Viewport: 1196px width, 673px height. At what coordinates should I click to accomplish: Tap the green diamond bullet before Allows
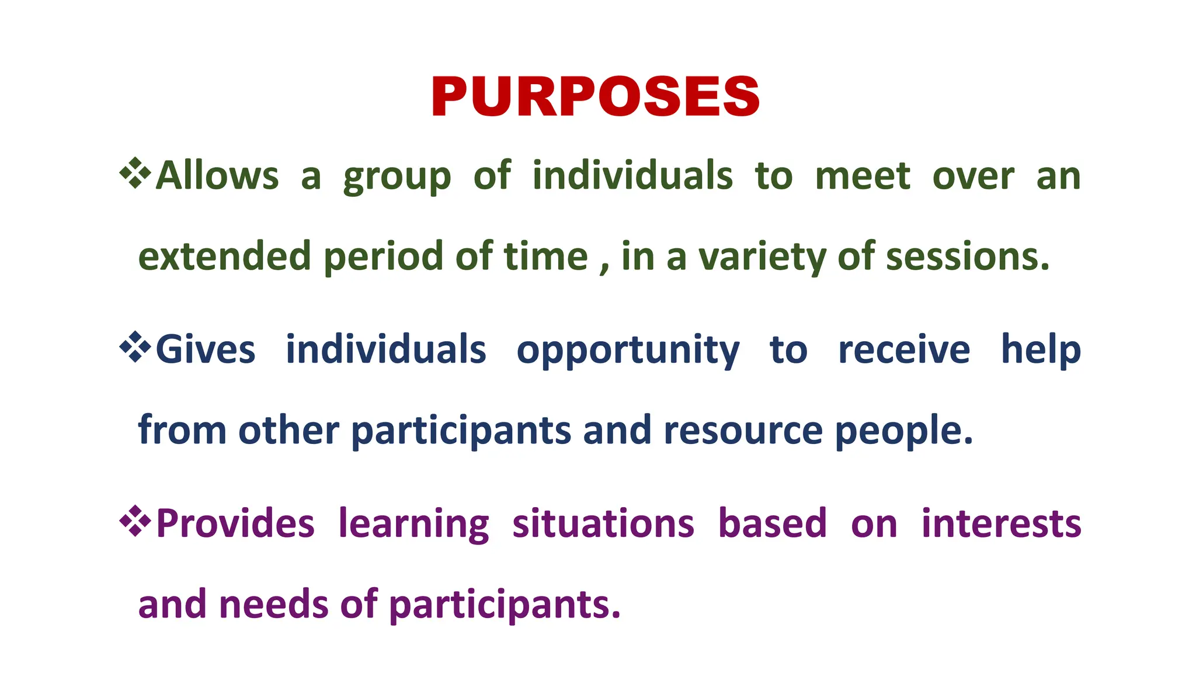(x=135, y=173)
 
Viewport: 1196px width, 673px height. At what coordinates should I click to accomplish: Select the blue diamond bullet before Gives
(x=135, y=347)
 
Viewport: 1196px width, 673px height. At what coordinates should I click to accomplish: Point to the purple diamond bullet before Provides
(x=135, y=521)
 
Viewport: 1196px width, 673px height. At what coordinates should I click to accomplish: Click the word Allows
(x=217, y=175)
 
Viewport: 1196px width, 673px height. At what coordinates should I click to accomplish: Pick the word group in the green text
(x=397, y=178)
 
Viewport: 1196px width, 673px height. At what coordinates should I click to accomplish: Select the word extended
(x=224, y=256)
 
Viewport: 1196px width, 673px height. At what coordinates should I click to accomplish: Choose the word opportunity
(x=628, y=351)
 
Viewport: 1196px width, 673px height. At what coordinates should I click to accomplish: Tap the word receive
(x=904, y=350)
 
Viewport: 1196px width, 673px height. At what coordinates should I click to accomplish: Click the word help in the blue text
(x=1041, y=350)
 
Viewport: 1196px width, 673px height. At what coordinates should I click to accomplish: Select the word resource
(x=743, y=431)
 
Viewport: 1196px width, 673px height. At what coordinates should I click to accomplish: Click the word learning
(x=413, y=525)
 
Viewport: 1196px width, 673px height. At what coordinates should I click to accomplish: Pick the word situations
(x=603, y=523)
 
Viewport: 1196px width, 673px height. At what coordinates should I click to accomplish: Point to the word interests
(x=1001, y=523)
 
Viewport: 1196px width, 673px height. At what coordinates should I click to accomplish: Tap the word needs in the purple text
(x=274, y=604)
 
